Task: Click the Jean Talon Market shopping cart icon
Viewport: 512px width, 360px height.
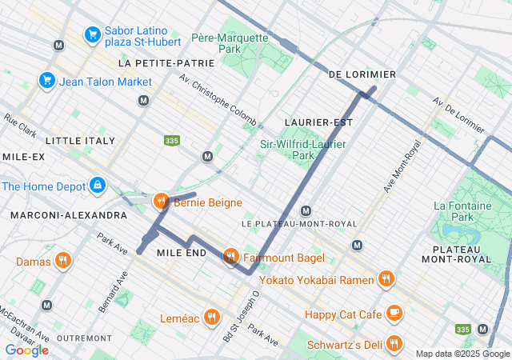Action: click(x=46, y=81)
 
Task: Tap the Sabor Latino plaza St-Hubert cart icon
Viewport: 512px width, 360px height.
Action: click(x=92, y=34)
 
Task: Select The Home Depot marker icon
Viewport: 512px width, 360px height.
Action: click(x=98, y=186)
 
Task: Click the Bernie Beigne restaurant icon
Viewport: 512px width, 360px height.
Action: click(x=161, y=202)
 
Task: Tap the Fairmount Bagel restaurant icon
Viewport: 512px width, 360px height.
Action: click(x=231, y=257)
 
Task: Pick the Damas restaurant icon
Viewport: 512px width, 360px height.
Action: click(x=63, y=261)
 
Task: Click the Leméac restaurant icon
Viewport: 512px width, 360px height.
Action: click(x=211, y=317)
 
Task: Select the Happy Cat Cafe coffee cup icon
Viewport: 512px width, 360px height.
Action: click(x=394, y=314)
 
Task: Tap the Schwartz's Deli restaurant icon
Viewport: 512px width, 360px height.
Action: click(x=394, y=344)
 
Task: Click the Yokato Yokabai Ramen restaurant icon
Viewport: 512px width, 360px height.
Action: click(x=386, y=279)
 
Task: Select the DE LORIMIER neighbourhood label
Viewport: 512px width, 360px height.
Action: click(x=362, y=74)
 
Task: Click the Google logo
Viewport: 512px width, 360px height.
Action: click(x=26, y=350)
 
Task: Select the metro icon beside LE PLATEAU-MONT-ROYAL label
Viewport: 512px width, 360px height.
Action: click(x=305, y=210)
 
